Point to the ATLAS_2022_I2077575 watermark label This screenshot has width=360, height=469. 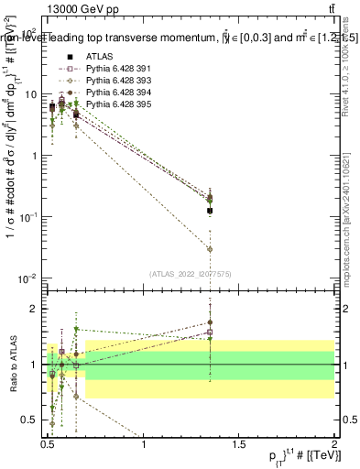point(191,274)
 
